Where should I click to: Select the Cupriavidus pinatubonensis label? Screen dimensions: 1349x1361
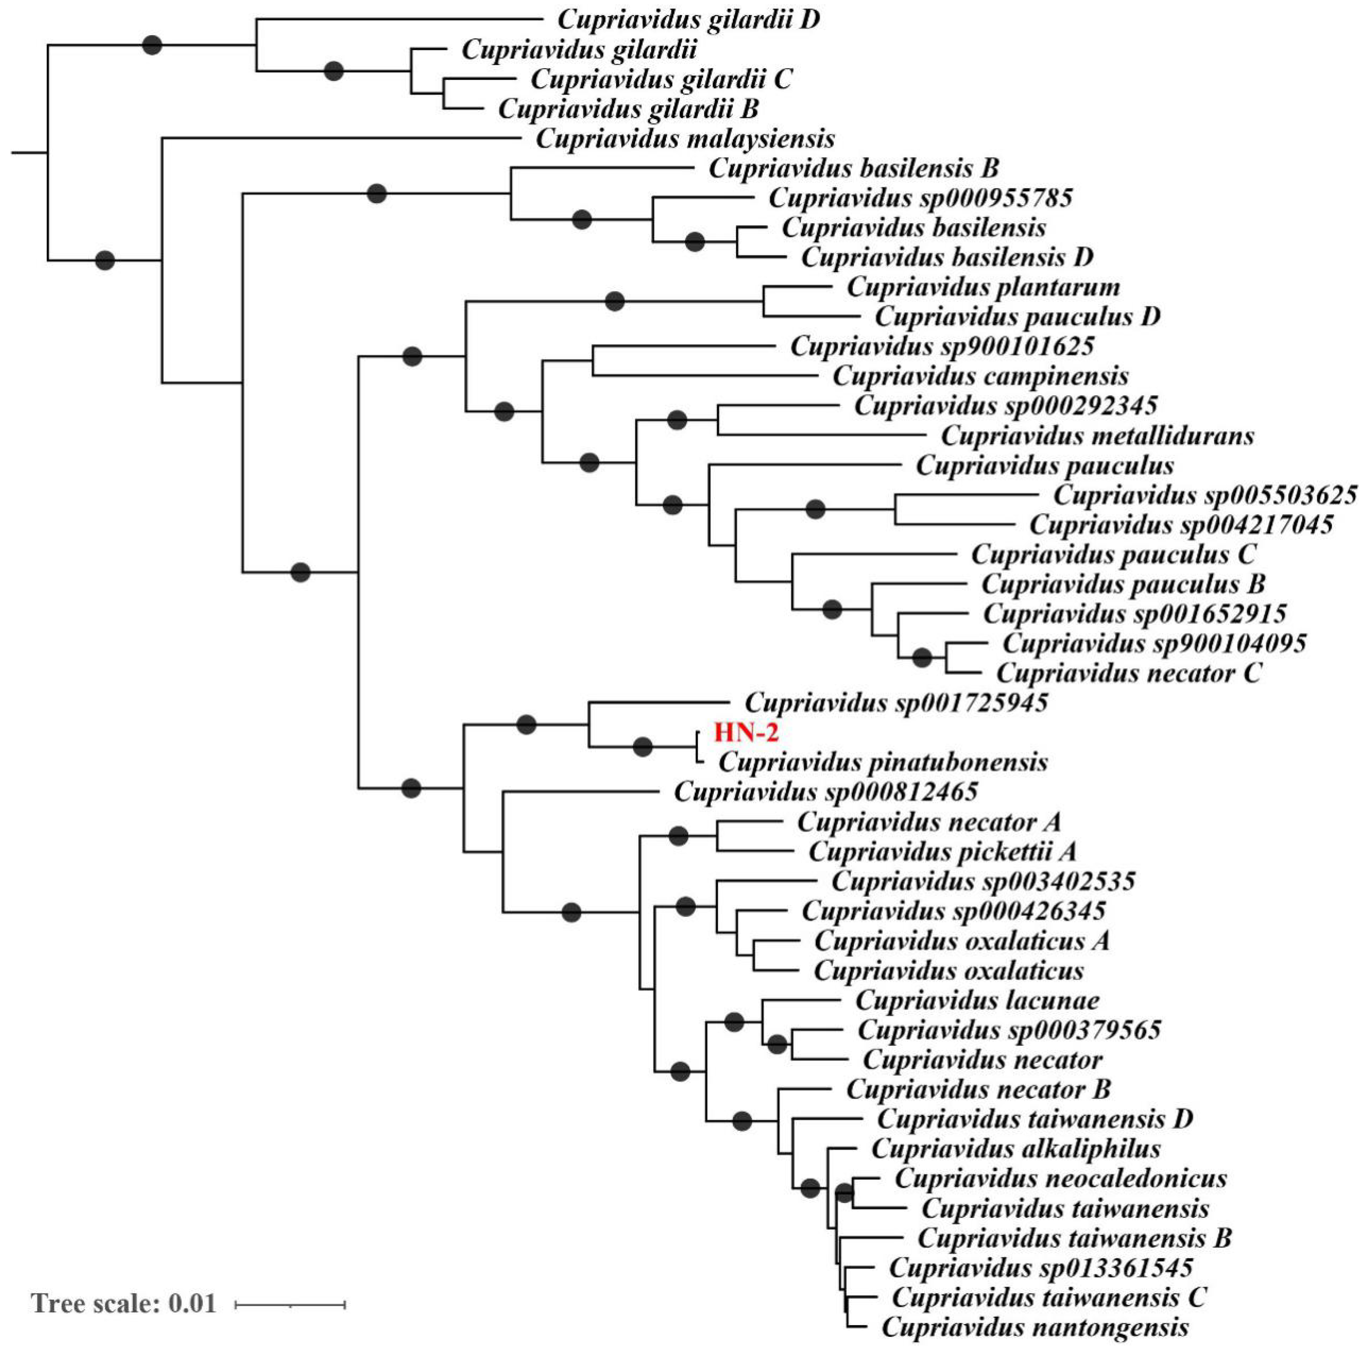coord(883,763)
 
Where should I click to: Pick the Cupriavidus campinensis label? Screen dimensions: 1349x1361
coord(981,377)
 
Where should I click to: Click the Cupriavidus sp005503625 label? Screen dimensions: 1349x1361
coord(1204,495)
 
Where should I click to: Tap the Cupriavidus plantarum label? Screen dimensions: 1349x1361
coord(983,287)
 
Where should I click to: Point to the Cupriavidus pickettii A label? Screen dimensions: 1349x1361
coord(942,852)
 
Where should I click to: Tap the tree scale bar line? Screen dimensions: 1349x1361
coord(290,1305)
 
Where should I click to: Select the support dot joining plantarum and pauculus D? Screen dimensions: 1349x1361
coord(615,301)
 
